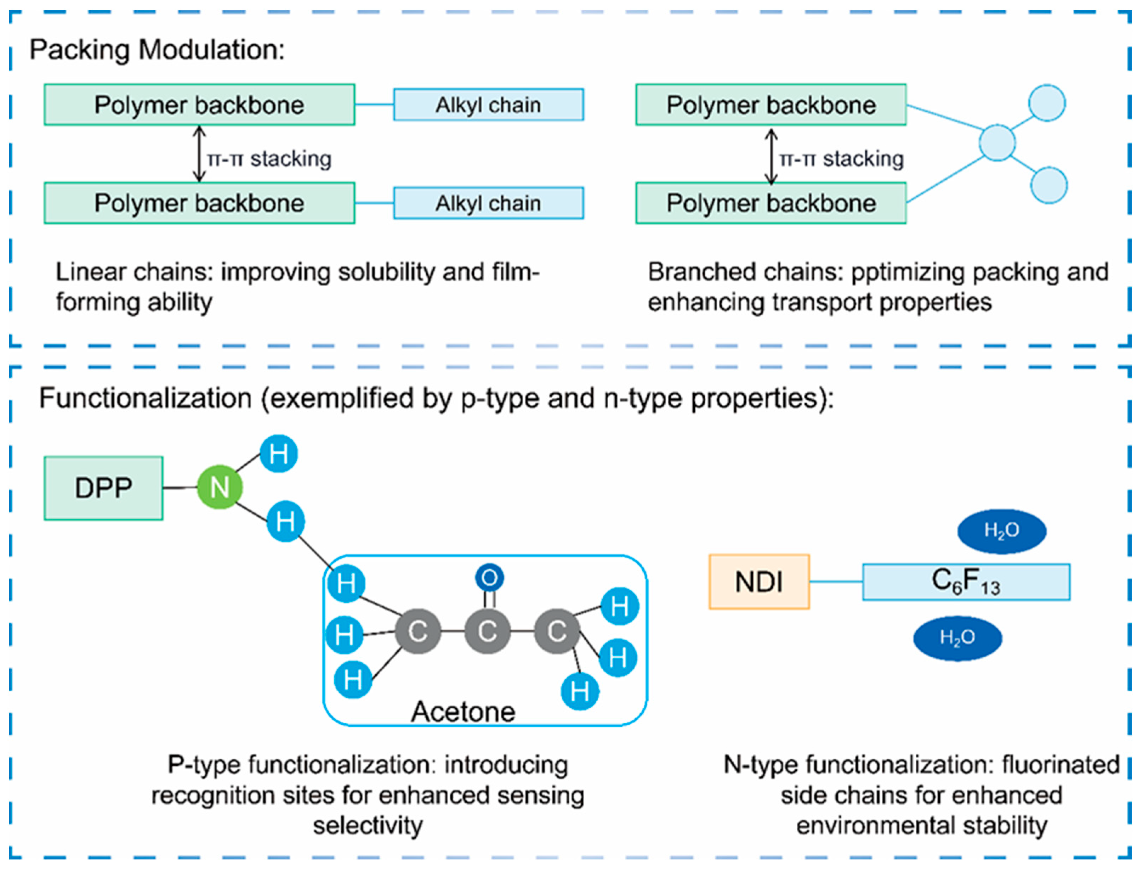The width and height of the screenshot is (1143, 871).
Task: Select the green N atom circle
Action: [x=220, y=487]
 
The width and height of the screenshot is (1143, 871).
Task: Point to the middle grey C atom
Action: [x=487, y=631]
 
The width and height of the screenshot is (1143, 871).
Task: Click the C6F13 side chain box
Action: [x=966, y=582]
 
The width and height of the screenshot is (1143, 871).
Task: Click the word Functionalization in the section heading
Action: [x=145, y=398]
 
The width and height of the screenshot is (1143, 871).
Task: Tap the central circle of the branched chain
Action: [x=997, y=142]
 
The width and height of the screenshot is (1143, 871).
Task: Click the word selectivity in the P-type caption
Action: [x=368, y=825]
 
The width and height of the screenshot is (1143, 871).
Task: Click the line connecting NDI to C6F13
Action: [x=836, y=581]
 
